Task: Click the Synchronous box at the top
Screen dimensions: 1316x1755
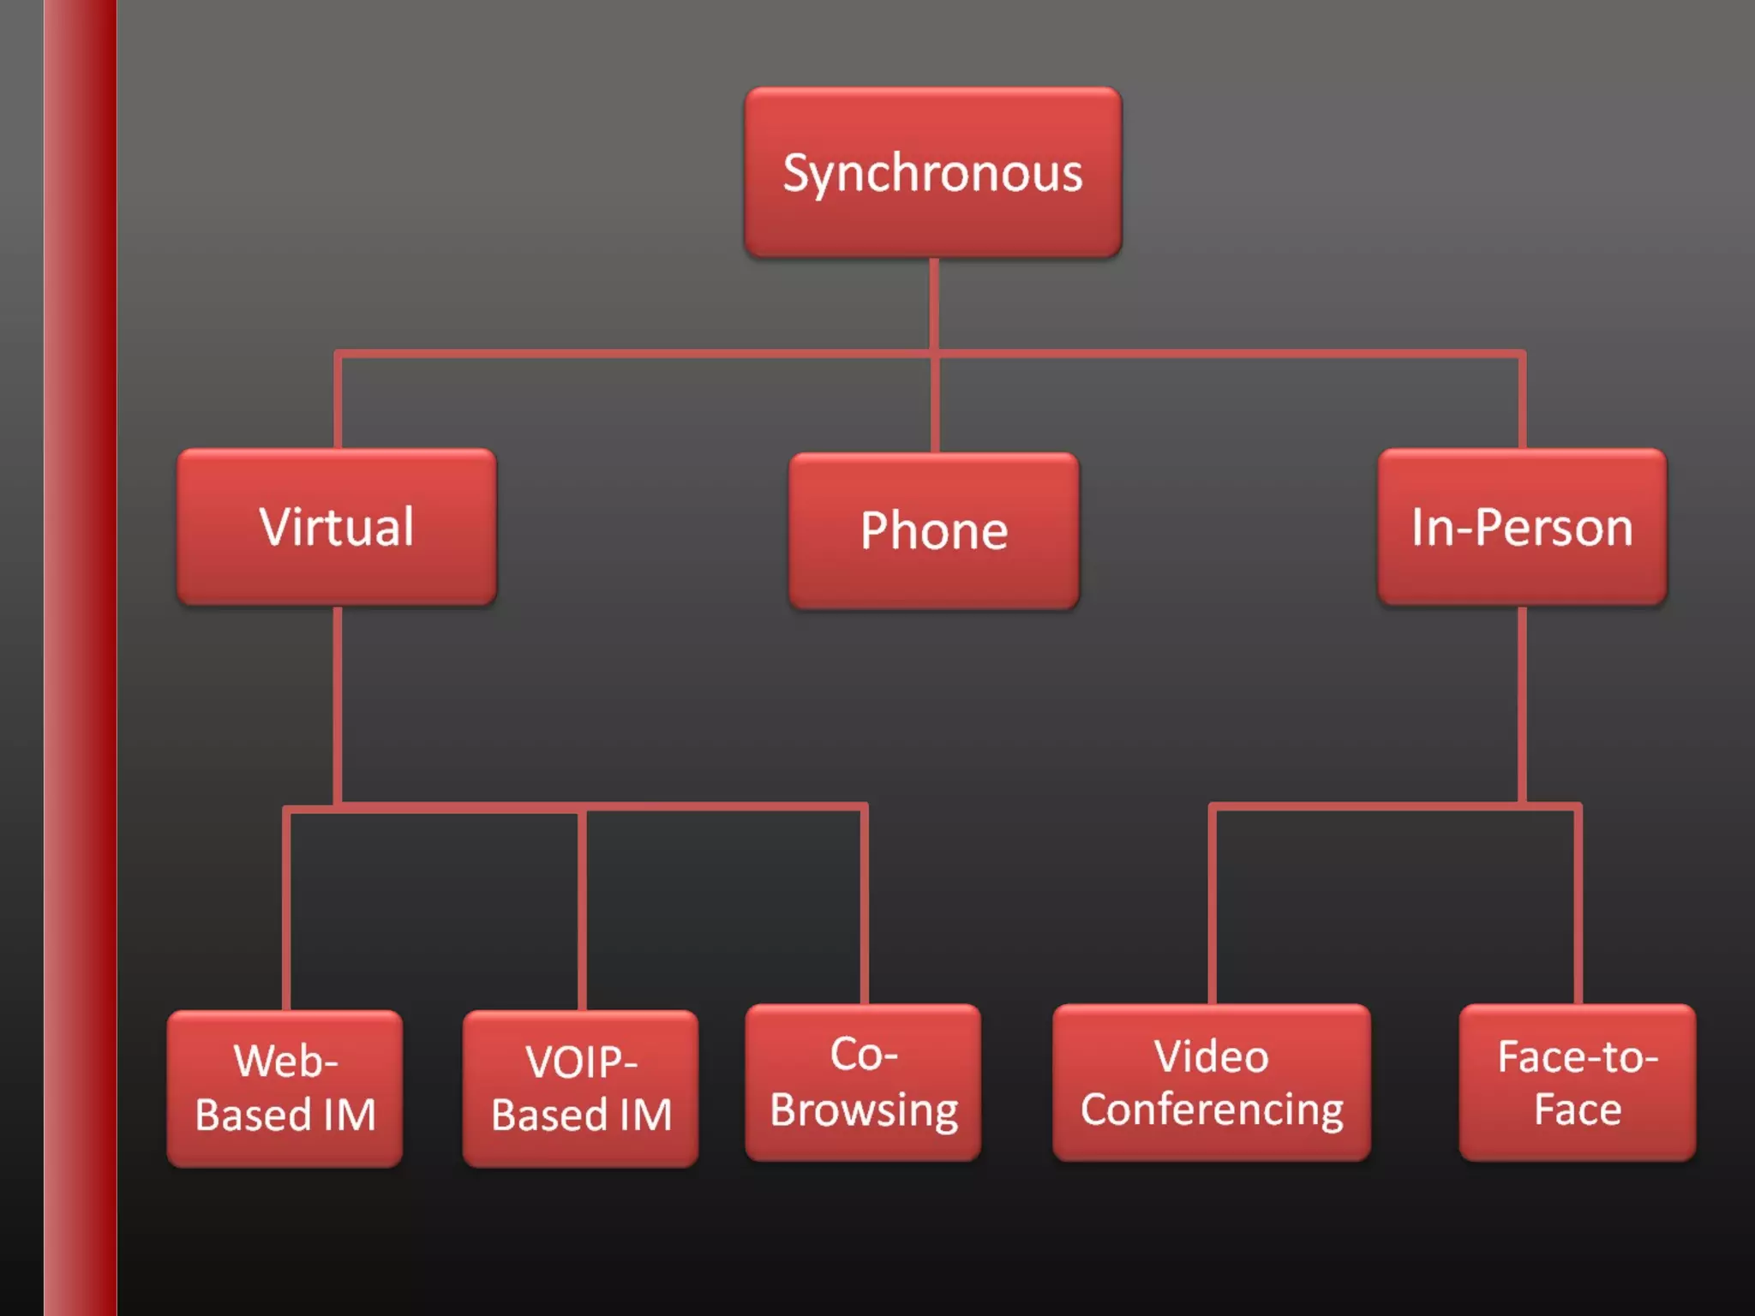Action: tap(932, 172)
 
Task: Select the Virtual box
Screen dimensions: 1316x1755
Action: tap(336, 526)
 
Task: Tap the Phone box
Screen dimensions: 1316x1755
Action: tap(933, 530)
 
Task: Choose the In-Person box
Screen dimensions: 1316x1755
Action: tap(1522, 526)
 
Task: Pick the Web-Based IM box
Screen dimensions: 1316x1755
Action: tap(285, 1088)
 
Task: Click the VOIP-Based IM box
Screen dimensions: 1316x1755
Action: tap(581, 1088)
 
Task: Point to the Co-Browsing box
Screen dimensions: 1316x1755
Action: tap(863, 1082)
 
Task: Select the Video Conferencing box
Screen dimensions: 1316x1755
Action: tap(1212, 1082)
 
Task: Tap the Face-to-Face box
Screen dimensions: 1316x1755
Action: tap(1577, 1082)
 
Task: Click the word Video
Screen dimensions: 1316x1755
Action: tap(1211, 1056)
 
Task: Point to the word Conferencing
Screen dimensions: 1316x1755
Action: tap(1212, 1110)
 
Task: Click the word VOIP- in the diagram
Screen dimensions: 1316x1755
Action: tap(581, 1062)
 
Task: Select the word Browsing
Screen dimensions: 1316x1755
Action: tap(864, 1111)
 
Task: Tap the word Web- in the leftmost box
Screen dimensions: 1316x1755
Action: tap(285, 1062)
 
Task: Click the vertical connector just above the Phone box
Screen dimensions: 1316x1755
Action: tap(934, 403)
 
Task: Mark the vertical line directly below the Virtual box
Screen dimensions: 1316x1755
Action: tap(338, 703)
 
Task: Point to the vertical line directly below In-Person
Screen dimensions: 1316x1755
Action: tap(1522, 703)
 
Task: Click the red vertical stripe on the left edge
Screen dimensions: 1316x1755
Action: tap(81, 658)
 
